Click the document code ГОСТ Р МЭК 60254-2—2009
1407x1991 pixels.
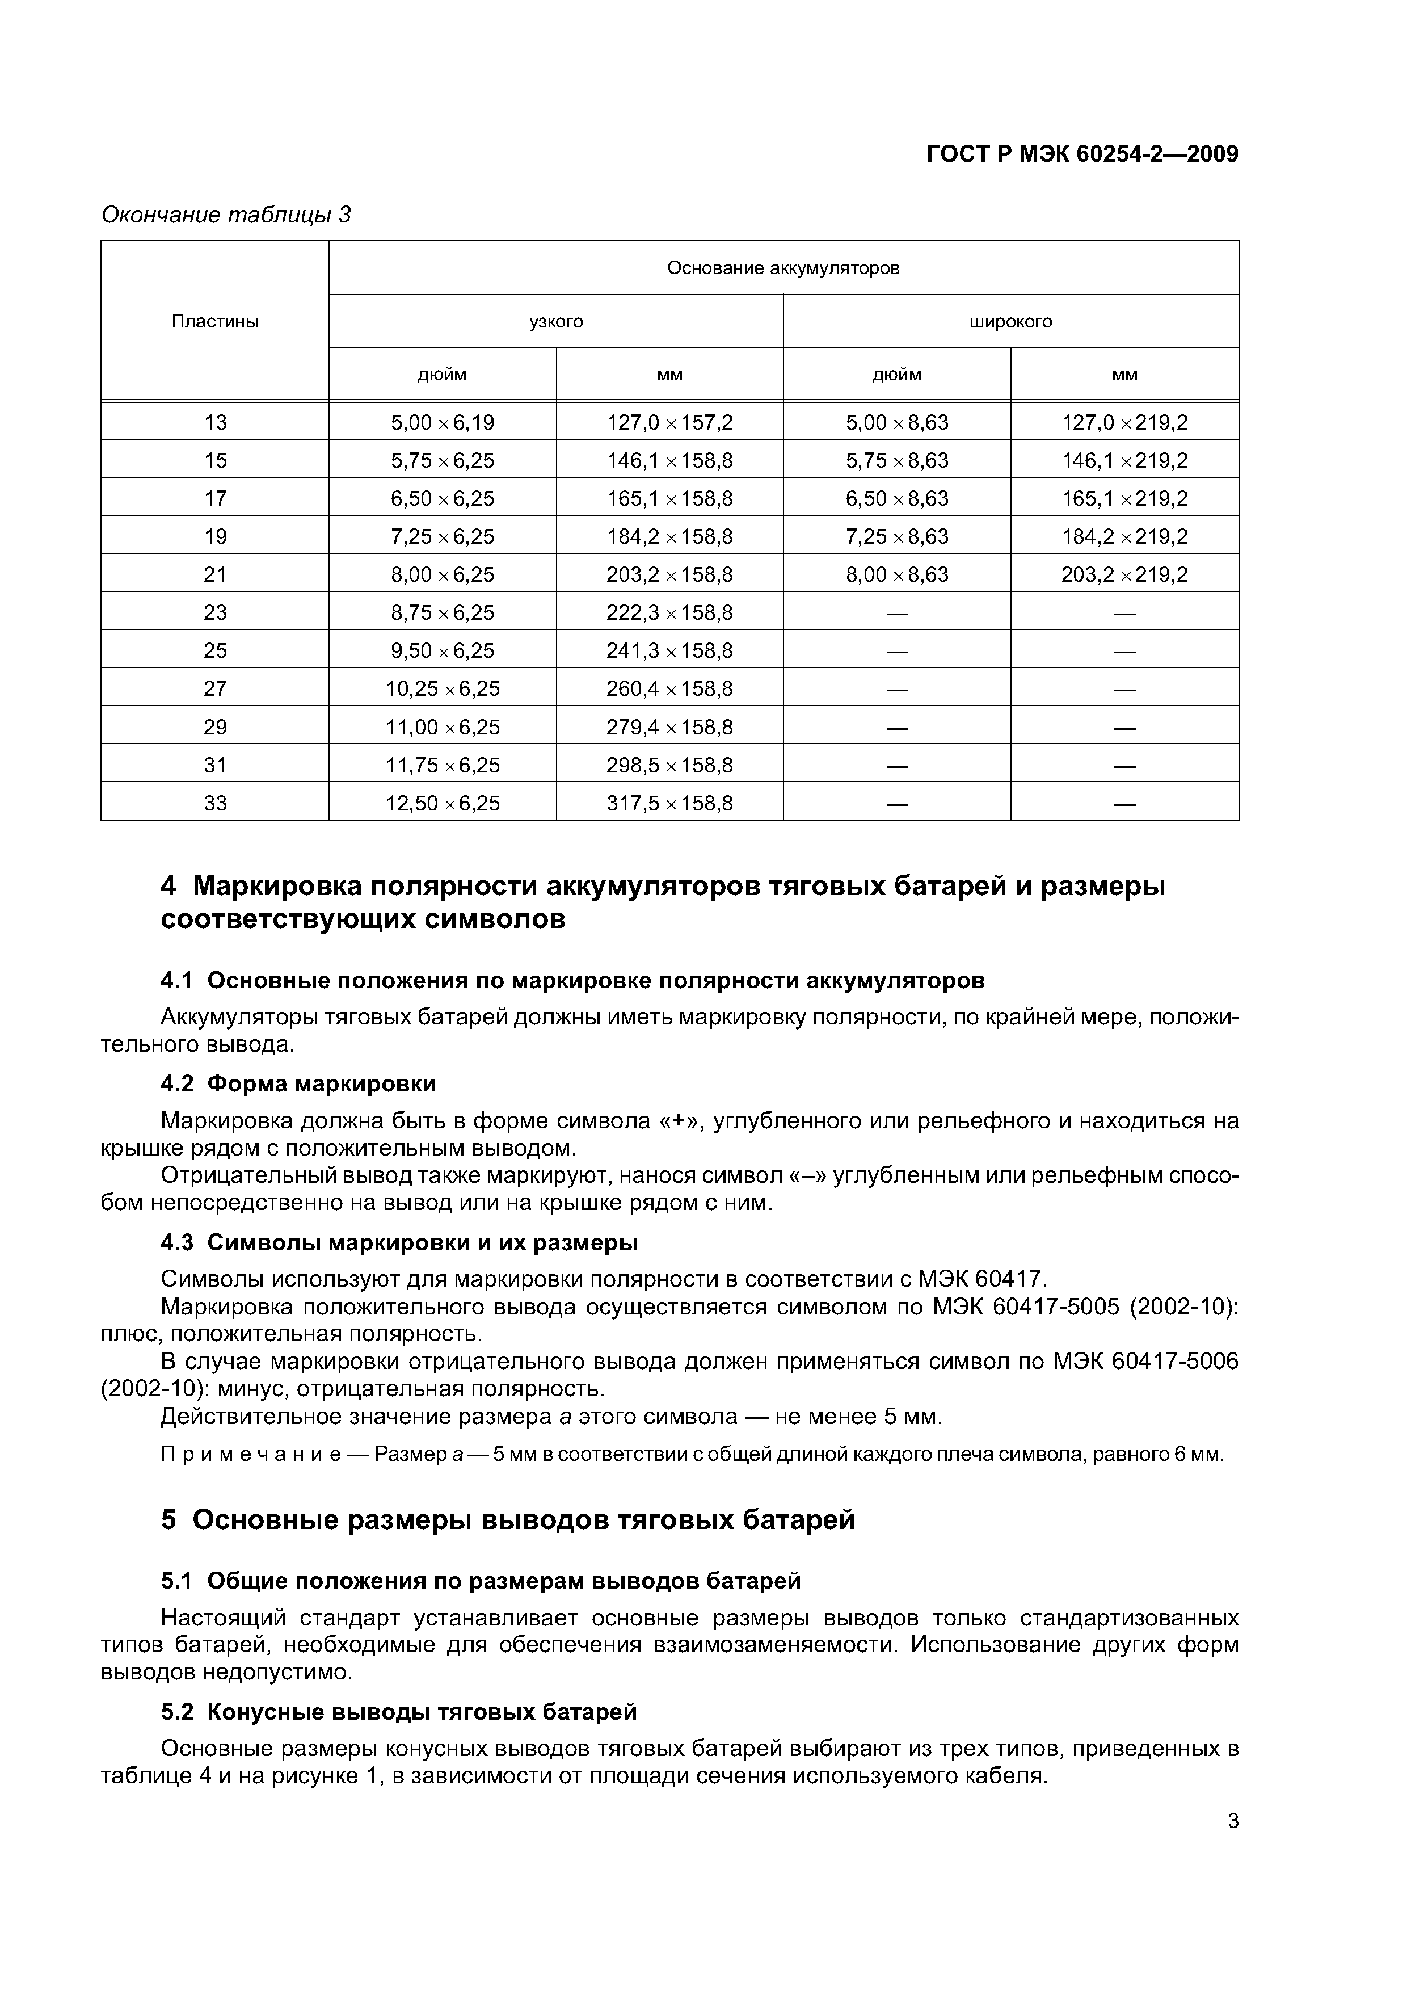click(x=1082, y=154)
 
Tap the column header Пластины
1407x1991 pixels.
click(x=215, y=322)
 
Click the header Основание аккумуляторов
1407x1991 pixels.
click(x=783, y=268)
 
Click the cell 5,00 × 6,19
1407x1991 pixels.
click(x=442, y=422)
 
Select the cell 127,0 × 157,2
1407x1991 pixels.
click(x=669, y=422)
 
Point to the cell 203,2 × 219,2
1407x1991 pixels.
click(x=1124, y=574)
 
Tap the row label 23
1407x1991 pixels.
click(x=215, y=612)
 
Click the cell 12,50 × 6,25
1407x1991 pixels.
click(x=442, y=803)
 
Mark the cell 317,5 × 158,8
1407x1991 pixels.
click(x=669, y=803)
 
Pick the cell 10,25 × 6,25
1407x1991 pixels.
click(x=442, y=688)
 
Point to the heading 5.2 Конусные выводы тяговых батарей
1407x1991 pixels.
click(x=399, y=1712)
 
